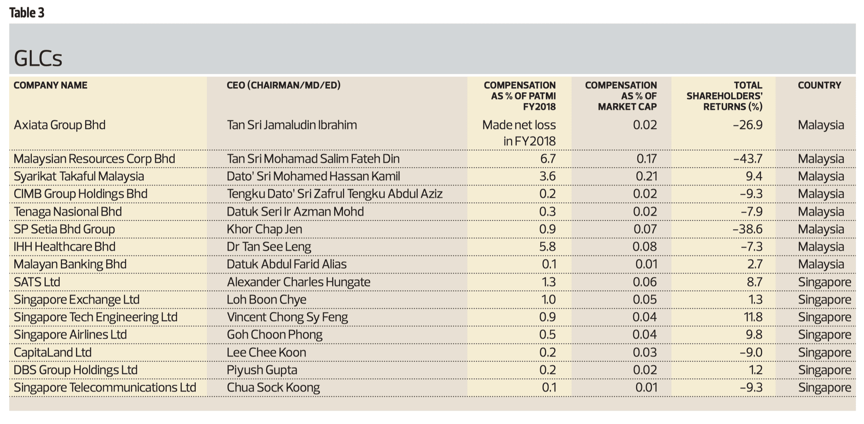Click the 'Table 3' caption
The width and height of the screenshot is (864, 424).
(x=27, y=13)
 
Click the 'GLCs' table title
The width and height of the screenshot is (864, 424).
(x=38, y=58)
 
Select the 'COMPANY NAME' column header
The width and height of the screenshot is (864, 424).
(x=51, y=85)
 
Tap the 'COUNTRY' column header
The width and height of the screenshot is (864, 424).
(x=819, y=85)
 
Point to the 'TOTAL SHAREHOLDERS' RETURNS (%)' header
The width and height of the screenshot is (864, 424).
(x=724, y=96)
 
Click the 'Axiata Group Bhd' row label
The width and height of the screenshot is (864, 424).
(x=60, y=125)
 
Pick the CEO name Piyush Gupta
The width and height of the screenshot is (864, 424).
(x=262, y=370)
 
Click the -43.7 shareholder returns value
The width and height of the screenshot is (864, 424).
(x=747, y=159)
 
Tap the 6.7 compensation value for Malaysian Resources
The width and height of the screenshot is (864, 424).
(x=547, y=159)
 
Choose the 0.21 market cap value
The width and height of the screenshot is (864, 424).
(x=646, y=176)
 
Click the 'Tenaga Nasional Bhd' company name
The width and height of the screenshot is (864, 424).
(x=68, y=212)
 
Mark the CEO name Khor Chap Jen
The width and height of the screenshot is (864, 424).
(x=264, y=229)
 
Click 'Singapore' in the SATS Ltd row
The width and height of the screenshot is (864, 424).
(x=824, y=282)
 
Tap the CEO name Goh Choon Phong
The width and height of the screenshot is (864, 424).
(x=274, y=335)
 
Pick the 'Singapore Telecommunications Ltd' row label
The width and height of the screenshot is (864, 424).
(x=105, y=387)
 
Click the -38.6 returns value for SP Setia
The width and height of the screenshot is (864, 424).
(x=747, y=229)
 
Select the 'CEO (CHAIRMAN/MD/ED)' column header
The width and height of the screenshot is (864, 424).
(x=283, y=85)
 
